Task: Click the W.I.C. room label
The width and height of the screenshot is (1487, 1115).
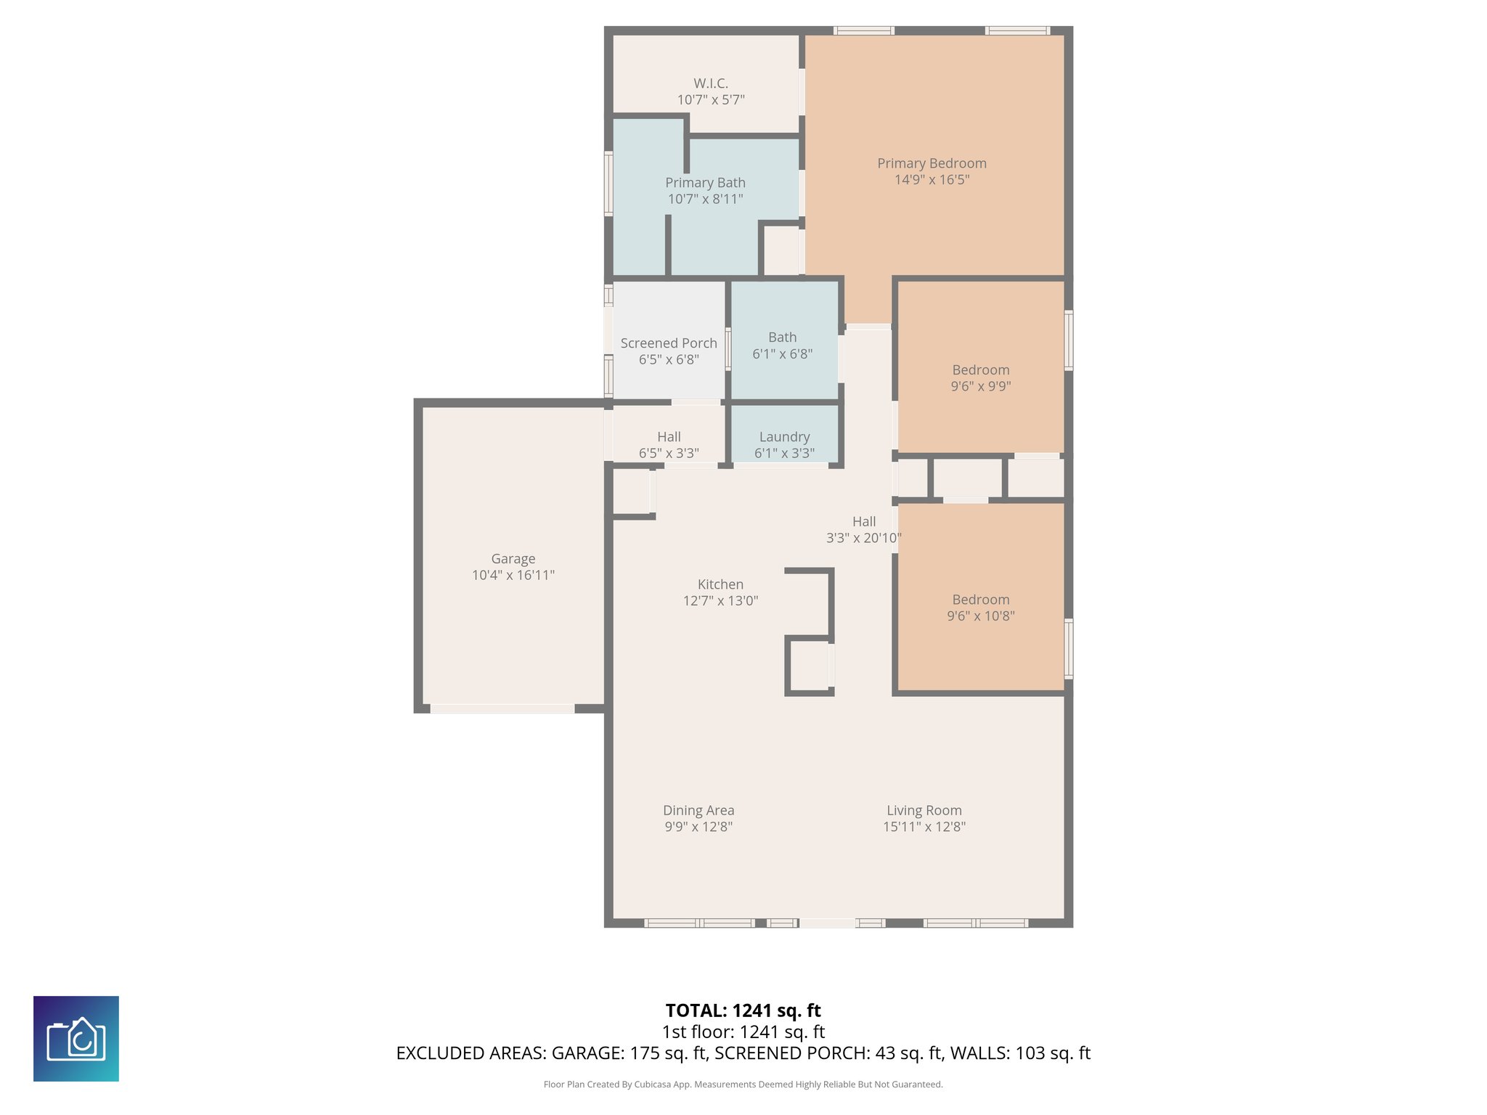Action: (x=710, y=83)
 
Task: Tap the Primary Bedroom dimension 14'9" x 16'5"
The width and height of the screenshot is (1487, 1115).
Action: (x=932, y=180)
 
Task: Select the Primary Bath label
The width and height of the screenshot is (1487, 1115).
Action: (x=705, y=183)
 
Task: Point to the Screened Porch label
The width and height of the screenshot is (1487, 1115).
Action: (x=668, y=343)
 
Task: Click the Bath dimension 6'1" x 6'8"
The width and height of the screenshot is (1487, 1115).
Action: (x=782, y=354)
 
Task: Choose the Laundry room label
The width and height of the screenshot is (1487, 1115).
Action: (x=784, y=437)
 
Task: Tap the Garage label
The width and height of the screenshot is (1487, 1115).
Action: (x=513, y=559)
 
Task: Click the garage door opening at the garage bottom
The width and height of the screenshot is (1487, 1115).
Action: (x=502, y=708)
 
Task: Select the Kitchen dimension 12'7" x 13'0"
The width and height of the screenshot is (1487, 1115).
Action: (x=720, y=601)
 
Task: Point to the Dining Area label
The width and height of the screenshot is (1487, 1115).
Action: (x=698, y=811)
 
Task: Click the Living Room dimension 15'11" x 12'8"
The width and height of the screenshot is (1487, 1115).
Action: (x=924, y=827)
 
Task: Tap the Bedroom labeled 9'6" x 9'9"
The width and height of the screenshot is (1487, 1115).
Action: (x=980, y=378)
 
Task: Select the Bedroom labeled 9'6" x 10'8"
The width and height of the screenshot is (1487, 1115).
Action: (x=980, y=608)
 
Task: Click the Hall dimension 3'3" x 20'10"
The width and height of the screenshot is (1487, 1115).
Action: (x=863, y=539)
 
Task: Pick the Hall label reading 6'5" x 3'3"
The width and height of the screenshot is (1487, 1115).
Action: (x=668, y=445)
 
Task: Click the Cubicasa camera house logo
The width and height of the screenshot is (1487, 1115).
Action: (x=76, y=1039)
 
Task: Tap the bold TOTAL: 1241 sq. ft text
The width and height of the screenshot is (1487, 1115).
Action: (x=743, y=1010)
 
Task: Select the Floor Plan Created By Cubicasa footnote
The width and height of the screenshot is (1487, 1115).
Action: (x=743, y=1085)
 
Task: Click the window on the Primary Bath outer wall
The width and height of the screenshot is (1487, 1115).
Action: (x=608, y=184)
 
